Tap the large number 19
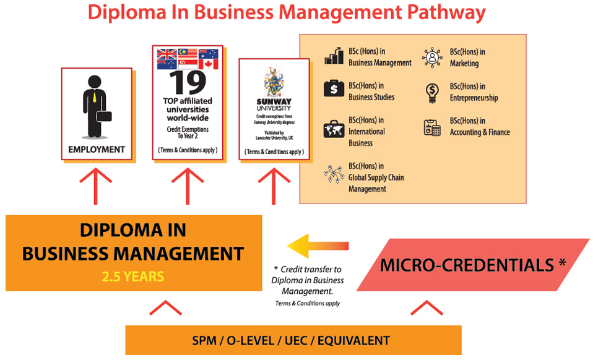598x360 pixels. (186, 82)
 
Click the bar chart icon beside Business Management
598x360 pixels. (334, 56)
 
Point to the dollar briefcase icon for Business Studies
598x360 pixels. (334, 89)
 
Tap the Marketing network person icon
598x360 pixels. (432, 57)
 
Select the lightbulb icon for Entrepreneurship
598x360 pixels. (432, 92)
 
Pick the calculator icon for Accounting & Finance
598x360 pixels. (432, 127)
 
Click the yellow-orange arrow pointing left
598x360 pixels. (318, 246)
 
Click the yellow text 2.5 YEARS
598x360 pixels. (133, 276)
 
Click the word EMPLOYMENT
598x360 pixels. (97, 149)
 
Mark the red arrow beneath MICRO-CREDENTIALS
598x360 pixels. (427, 307)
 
